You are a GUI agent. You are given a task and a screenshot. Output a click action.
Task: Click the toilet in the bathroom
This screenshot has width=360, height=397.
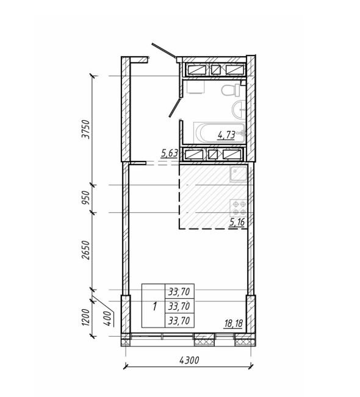[x=231, y=90]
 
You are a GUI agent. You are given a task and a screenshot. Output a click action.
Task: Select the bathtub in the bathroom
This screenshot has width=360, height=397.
[x=220, y=133]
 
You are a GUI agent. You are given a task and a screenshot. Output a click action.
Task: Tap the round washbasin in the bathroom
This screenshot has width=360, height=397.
[x=239, y=109]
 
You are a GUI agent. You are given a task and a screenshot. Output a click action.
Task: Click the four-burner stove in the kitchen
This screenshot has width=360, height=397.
[x=239, y=207]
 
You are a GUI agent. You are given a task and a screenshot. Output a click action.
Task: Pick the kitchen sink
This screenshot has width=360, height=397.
[x=239, y=174]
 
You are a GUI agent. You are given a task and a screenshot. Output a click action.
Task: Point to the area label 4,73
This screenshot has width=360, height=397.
[x=226, y=135]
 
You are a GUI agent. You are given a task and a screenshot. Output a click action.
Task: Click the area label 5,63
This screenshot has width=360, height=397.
[x=169, y=154]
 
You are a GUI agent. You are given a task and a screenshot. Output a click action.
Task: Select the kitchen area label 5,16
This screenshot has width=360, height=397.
[x=237, y=222]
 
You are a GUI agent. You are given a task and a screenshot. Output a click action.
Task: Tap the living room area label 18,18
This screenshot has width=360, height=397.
[x=233, y=323]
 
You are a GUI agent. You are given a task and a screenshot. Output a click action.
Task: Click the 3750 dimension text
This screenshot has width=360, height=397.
[x=87, y=129]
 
